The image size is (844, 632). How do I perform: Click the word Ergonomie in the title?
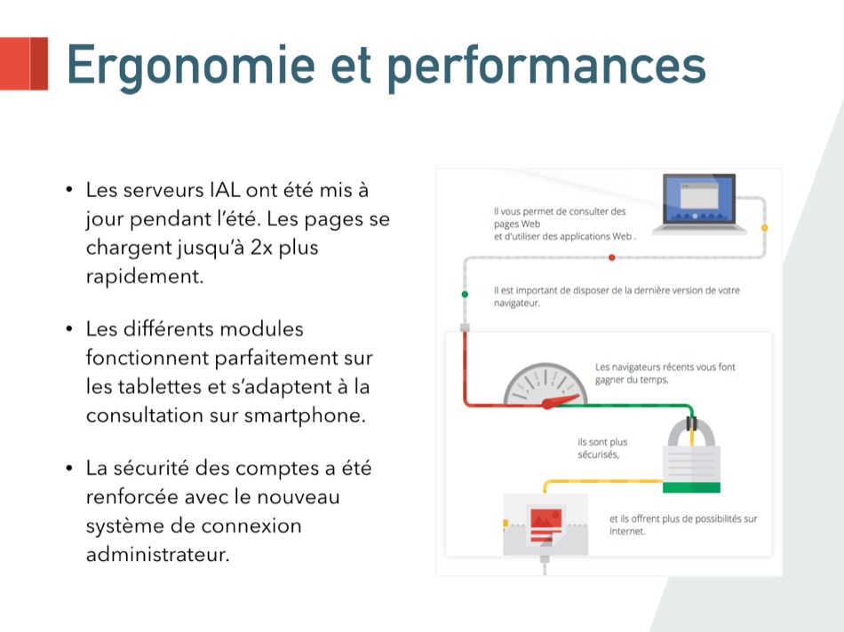coord(190,67)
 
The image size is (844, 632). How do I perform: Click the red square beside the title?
coord(24,64)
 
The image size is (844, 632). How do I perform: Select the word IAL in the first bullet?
coord(225,190)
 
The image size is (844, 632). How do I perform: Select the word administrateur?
coord(158,555)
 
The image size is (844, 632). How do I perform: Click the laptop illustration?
coord(699,204)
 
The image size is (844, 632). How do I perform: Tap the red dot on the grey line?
coord(611,257)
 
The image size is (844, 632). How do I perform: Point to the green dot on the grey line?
coord(465,294)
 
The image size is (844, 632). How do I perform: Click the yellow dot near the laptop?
coord(764,228)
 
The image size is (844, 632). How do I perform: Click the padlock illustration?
coord(691,455)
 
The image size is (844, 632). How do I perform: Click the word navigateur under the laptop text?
coord(517,304)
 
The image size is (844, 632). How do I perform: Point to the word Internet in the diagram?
coord(626,532)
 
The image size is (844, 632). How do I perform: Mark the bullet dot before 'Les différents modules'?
coord(69,328)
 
